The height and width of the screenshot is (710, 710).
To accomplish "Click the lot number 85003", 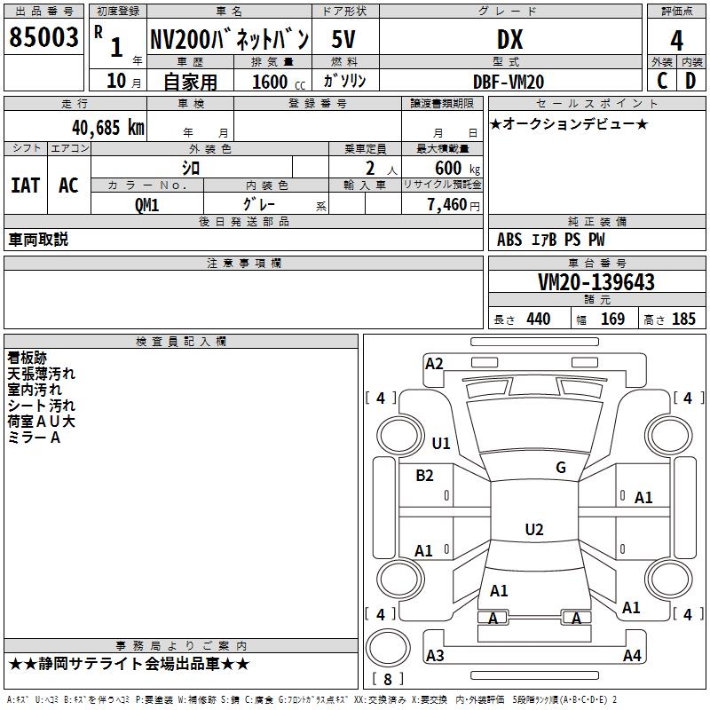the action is [x=44, y=37].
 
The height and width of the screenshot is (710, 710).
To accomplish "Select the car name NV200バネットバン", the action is [x=228, y=39].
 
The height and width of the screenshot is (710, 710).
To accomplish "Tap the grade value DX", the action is [x=509, y=39].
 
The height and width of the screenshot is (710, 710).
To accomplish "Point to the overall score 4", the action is [x=677, y=41].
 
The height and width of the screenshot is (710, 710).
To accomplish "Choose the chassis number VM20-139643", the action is [x=596, y=282].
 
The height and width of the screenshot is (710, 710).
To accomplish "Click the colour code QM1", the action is [x=146, y=204].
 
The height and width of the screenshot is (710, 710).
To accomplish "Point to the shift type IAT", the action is [x=26, y=185].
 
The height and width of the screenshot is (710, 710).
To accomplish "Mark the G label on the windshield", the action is [x=560, y=468].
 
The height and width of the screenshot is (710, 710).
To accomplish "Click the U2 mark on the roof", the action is [x=533, y=530].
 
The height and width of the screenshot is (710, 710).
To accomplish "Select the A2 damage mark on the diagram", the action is [x=434, y=363].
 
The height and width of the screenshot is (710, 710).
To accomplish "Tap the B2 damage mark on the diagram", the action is [x=424, y=475].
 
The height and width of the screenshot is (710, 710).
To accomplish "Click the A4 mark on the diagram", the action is [x=632, y=656].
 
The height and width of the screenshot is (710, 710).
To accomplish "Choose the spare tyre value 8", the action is [x=387, y=680].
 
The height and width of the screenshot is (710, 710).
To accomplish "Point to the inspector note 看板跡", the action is [x=27, y=358].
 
